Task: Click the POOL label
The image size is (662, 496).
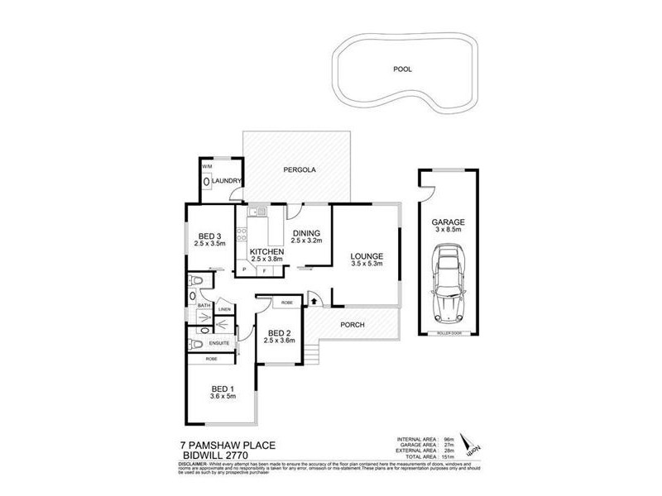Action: (402, 70)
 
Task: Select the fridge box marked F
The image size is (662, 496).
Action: (264, 269)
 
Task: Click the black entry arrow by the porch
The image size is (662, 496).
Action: (314, 301)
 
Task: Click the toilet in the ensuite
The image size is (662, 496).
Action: (194, 343)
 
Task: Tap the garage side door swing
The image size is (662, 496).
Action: (429, 192)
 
